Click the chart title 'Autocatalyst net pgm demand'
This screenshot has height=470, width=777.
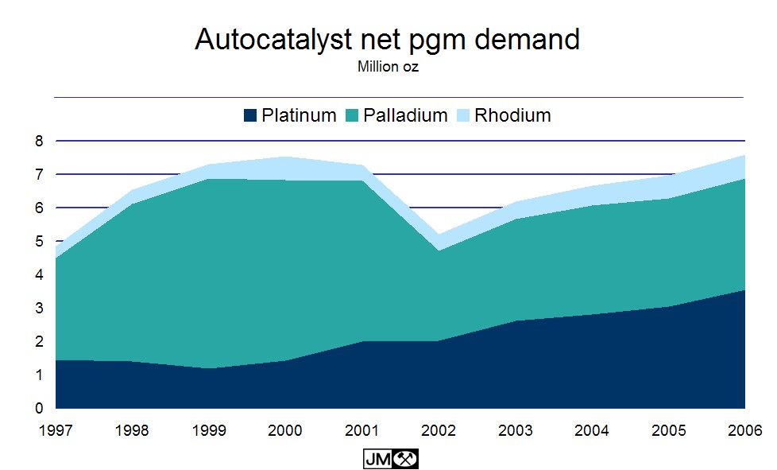coord(388,40)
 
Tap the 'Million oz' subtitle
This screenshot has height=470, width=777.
coord(388,68)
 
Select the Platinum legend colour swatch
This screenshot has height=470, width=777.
coord(250,116)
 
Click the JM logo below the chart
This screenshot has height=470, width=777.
coord(390,459)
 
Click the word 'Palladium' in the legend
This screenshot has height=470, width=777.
coord(405,116)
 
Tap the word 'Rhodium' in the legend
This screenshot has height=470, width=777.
coord(512,116)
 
